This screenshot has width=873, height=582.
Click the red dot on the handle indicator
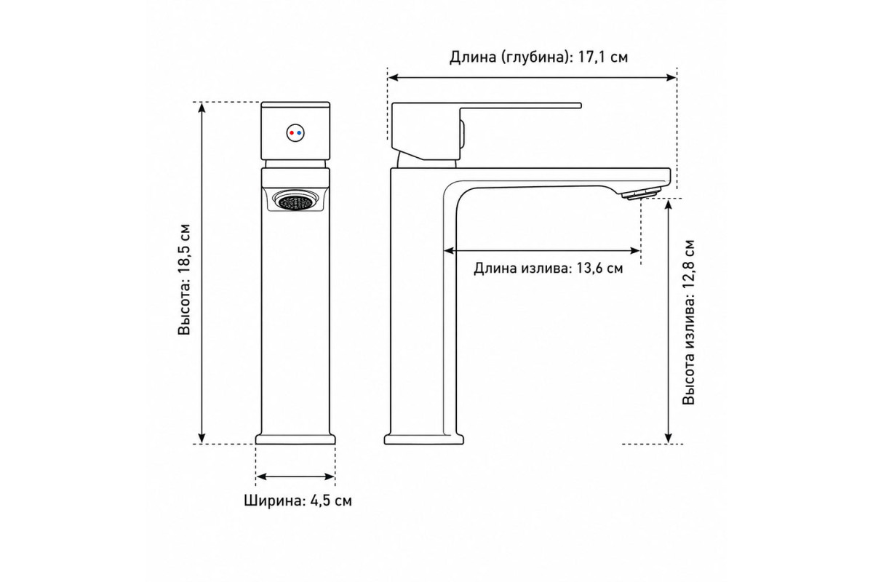pos(292,133)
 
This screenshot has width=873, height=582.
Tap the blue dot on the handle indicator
pos(299,133)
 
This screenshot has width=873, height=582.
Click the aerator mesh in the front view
pos(295,201)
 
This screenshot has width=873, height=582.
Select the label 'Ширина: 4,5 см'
pos(298,501)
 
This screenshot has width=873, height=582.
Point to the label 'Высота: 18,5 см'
pos(184,279)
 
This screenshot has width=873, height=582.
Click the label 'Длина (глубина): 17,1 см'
pos(538,57)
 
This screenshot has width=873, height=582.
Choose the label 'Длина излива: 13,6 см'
pos(549,268)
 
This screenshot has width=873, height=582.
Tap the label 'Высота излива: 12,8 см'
pos(689,322)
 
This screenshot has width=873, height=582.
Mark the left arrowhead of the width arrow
pos(260,477)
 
